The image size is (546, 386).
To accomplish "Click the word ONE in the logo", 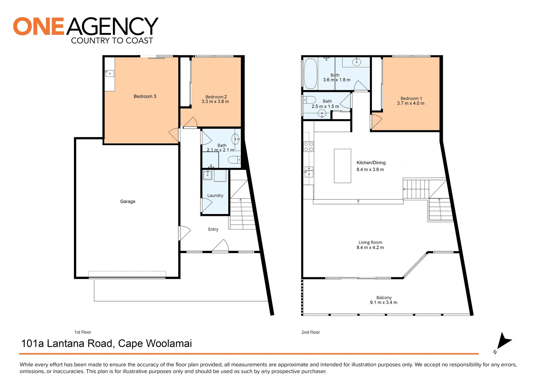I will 39,26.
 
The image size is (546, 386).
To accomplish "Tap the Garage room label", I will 128,202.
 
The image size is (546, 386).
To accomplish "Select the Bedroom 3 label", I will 145,96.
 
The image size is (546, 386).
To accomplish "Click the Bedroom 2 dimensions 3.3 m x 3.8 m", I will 215,102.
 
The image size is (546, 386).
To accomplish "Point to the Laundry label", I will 215,196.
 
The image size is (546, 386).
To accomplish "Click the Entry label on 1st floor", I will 213,229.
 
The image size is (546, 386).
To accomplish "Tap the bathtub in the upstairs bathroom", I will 310,73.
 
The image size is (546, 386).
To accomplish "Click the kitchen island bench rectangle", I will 342,166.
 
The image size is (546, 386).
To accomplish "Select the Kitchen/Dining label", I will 371,163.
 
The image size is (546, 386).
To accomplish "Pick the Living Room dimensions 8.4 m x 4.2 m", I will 370,248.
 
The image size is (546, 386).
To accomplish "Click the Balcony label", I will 384,298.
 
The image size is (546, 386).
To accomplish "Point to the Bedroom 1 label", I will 411,99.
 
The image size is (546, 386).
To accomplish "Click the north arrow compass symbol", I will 503,341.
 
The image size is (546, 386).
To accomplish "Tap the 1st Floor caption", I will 83,332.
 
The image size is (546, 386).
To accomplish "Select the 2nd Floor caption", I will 311,332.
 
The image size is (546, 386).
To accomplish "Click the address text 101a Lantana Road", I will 68,343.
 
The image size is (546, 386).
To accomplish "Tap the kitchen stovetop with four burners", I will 308,147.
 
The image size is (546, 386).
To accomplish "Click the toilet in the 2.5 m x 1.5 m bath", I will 309,100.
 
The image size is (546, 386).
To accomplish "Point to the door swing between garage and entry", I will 184,233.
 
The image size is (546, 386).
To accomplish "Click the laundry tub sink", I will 208,175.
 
